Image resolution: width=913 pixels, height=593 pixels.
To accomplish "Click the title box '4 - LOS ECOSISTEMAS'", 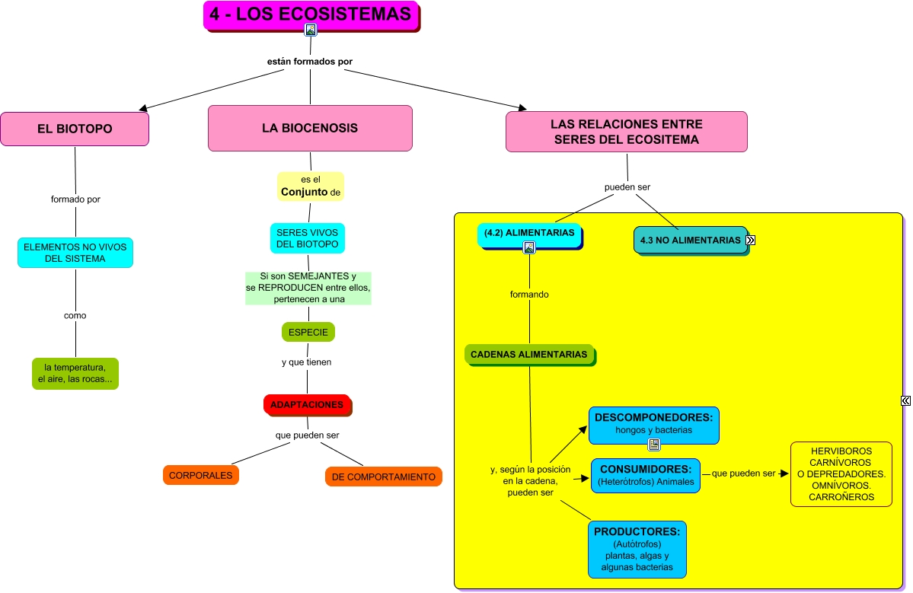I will point(311,14).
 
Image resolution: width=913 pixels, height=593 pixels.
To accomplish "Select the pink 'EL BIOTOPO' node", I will point(75,129).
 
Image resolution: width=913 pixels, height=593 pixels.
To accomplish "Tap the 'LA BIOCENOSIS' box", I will point(310,128).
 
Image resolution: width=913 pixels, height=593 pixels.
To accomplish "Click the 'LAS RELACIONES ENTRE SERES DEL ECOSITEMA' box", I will point(626,132).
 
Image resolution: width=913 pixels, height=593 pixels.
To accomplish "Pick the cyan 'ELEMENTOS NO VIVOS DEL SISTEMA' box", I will point(75,253).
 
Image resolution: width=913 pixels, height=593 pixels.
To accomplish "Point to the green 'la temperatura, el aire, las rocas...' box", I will point(75,374).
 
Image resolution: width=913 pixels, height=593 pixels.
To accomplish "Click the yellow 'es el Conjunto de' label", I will point(310,187).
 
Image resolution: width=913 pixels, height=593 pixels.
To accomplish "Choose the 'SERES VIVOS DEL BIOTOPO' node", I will point(308,238).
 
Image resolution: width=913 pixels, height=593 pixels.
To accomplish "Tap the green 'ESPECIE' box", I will point(308,333).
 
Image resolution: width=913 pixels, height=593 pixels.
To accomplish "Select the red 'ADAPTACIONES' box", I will point(307,405).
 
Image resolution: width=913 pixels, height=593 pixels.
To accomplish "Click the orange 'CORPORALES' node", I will point(201,475).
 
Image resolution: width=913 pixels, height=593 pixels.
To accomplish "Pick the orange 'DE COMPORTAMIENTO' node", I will point(383,477).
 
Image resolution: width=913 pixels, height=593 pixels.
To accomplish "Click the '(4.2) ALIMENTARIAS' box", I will point(529,233).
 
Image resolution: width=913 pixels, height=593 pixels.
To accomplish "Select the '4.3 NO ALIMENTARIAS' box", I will point(690,240).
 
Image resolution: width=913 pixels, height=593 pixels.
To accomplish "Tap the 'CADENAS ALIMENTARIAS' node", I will point(529,354).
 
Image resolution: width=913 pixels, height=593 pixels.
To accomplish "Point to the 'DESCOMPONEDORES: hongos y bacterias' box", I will point(653,424).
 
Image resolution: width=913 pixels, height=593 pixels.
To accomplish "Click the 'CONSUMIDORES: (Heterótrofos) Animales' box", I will point(646,475).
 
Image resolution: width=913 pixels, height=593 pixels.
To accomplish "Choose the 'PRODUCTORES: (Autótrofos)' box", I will point(637,549).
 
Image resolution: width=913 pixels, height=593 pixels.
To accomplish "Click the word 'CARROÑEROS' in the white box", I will point(841,497).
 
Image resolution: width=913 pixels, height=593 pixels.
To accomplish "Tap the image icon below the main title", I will point(311,30).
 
